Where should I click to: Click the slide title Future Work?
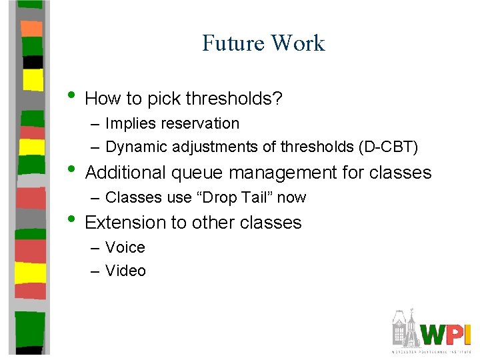click(x=263, y=43)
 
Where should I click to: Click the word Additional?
click(x=125, y=173)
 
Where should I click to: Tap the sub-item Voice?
click(x=125, y=247)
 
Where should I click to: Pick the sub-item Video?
click(x=125, y=270)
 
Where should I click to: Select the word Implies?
click(x=127, y=124)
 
